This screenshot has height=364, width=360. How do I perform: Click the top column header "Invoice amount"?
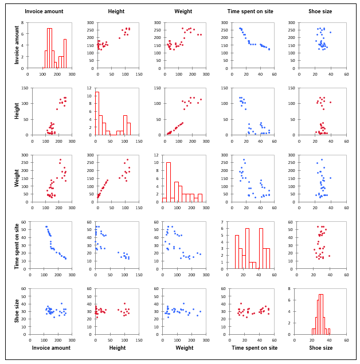click(48, 11)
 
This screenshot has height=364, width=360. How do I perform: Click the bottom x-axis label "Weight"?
click(184, 347)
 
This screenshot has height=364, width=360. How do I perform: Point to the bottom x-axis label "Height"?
click(117, 347)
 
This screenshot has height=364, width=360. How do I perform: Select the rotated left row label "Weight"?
click(17, 178)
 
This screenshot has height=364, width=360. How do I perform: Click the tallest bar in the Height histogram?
click(97, 113)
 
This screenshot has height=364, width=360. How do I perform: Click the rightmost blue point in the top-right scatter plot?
click(330, 32)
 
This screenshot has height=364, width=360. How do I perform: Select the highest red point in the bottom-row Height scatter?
click(124, 304)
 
